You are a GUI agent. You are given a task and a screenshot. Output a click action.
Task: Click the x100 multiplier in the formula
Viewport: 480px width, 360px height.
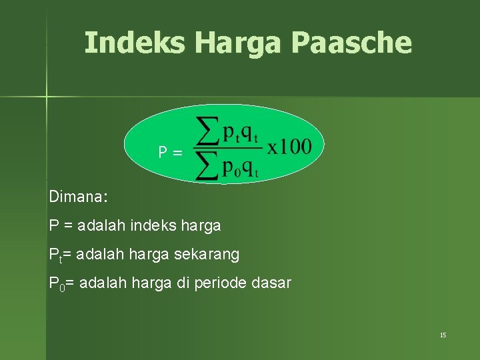click(289, 146)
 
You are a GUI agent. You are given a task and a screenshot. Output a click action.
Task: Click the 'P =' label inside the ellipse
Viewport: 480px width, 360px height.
click(169, 153)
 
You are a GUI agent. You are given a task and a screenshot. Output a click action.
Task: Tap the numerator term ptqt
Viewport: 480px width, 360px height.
click(240, 133)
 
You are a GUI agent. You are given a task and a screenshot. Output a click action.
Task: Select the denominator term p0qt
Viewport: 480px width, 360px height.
click(240, 167)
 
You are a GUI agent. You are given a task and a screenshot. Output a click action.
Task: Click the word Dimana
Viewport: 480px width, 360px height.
click(78, 197)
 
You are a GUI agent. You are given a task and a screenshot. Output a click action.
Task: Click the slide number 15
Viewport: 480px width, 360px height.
click(443, 335)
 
